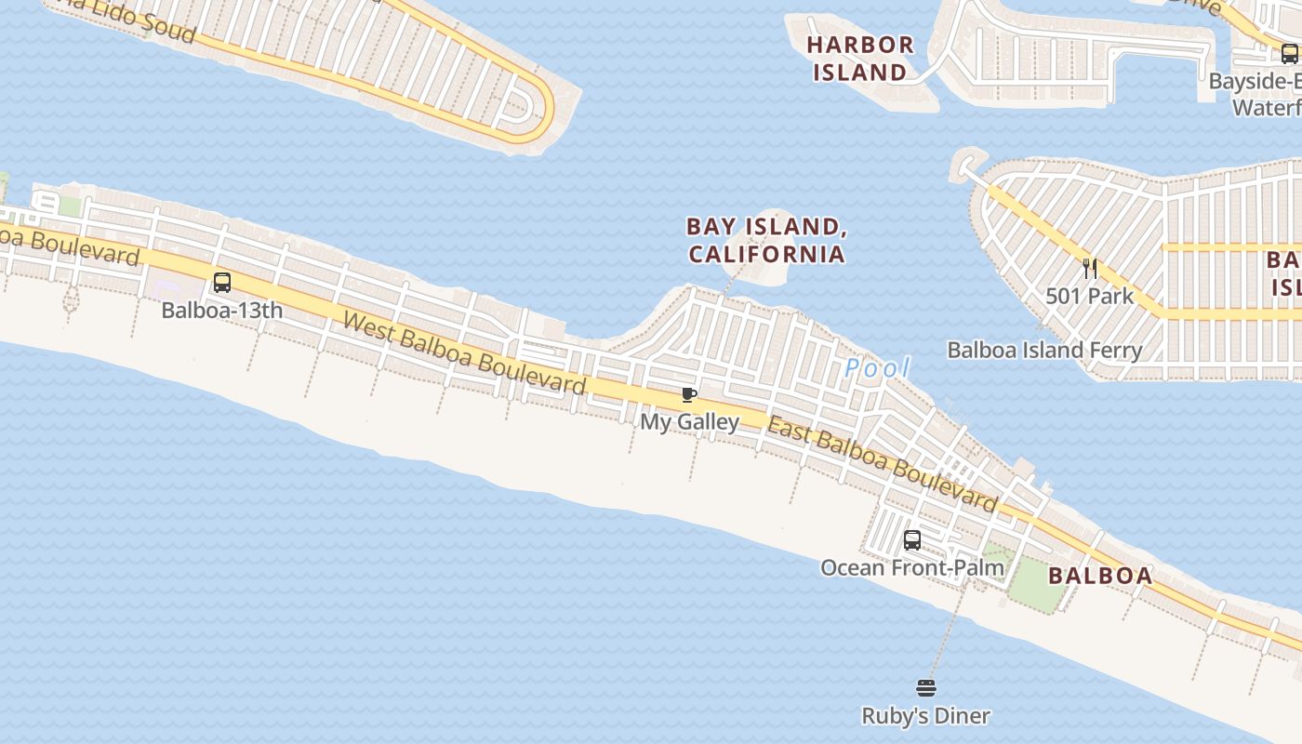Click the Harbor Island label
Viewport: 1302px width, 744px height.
pos(859,58)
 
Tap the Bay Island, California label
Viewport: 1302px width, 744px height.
pos(765,240)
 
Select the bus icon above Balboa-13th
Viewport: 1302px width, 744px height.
pos(222,283)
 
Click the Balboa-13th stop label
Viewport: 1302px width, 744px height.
pos(222,310)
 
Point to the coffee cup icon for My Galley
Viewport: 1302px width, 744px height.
pos(689,395)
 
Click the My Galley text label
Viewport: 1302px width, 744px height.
pos(689,422)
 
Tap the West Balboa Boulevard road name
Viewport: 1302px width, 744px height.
pos(464,353)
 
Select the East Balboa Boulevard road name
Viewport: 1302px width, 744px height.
pos(882,466)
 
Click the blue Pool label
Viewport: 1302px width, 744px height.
pos(877,368)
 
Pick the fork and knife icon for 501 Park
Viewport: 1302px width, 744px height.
pos(1090,269)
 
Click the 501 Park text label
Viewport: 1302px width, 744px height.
pos(1090,297)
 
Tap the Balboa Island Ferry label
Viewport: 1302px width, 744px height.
pos(1044,351)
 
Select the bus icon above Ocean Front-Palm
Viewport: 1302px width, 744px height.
pos(912,540)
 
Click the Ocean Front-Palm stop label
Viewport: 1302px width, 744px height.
pos(912,567)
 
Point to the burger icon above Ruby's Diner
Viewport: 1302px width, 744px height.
pos(926,688)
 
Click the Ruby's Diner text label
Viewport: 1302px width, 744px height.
pos(926,716)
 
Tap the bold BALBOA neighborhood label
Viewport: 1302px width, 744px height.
pos(1100,576)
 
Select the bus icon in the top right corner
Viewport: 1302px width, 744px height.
pos(1289,54)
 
